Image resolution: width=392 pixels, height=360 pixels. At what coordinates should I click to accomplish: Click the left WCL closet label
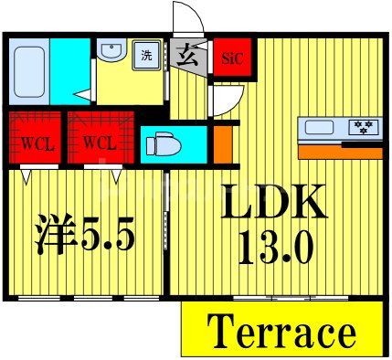tap(36, 143)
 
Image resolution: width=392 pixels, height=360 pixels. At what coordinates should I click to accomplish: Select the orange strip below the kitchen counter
tap(340, 152)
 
